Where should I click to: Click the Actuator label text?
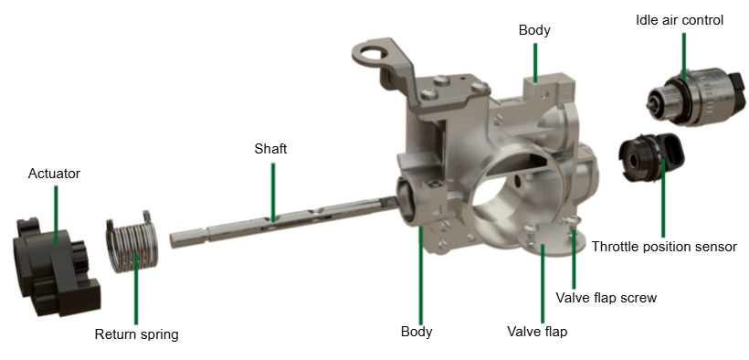(54, 173)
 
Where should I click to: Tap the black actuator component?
(55, 267)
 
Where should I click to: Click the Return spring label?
(137, 334)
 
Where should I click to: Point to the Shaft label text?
(271, 149)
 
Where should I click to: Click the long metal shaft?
(284, 222)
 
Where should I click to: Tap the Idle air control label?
(680, 20)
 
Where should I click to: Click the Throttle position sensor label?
(664, 247)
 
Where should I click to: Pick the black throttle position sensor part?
(651, 157)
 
